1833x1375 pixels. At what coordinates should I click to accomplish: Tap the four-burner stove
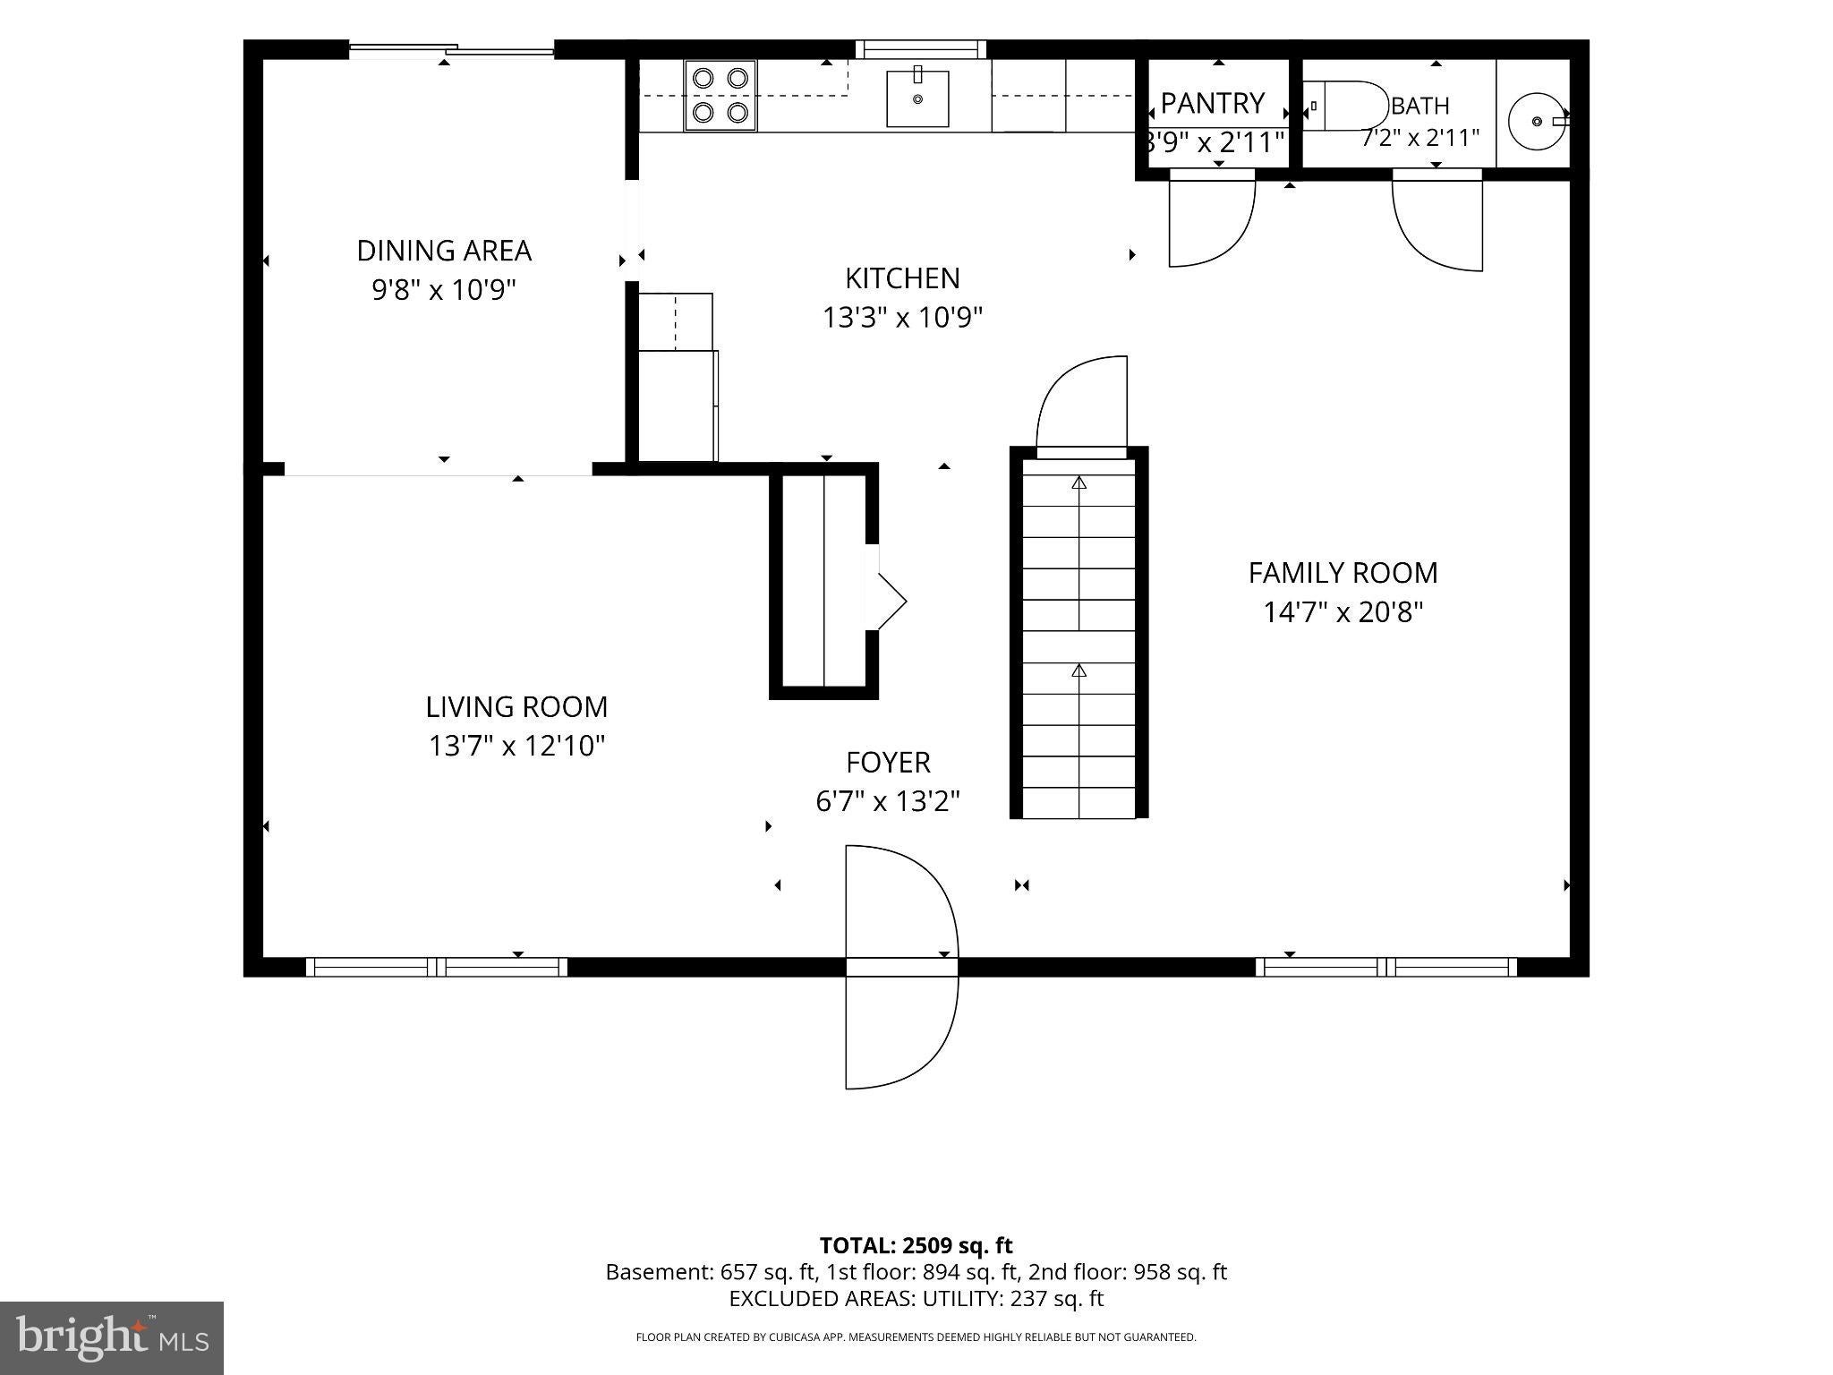click(720, 96)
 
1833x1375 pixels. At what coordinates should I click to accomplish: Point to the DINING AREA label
click(444, 251)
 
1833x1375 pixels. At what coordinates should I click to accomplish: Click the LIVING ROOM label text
click(516, 707)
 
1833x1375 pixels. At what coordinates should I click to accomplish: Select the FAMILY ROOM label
click(1343, 573)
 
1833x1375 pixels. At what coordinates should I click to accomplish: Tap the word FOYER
click(888, 763)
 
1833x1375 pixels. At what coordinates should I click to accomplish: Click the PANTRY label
click(1213, 104)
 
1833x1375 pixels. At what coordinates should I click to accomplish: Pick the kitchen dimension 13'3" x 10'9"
click(902, 318)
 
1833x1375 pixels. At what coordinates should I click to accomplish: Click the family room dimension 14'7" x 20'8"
click(1343, 612)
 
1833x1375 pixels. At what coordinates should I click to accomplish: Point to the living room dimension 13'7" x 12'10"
click(516, 746)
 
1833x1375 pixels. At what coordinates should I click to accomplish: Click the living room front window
click(437, 967)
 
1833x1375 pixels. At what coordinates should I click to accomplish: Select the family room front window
click(1386, 967)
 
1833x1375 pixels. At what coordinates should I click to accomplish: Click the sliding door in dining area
click(451, 50)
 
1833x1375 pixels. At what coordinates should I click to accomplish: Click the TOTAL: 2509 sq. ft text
click(916, 1245)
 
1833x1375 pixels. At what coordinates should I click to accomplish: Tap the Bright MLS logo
click(111, 1337)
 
